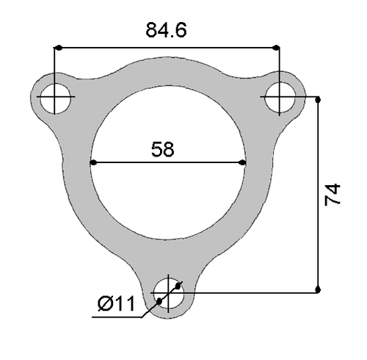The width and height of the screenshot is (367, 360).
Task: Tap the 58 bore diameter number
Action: point(162,150)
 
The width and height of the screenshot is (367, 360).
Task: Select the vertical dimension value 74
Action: point(334,195)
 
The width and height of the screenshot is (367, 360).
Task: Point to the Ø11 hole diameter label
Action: point(117,303)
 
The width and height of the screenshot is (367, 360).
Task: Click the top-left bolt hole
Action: point(56,97)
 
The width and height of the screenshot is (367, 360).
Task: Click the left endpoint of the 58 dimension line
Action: point(91,162)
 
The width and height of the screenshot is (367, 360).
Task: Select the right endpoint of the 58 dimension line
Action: point(246,162)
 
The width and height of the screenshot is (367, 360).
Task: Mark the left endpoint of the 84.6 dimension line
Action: point(56,48)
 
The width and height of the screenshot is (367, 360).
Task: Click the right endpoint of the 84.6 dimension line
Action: point(277,48)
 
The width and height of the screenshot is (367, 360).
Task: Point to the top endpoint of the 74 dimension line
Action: point(319,98)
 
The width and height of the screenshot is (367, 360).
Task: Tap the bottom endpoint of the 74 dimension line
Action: point(319,291)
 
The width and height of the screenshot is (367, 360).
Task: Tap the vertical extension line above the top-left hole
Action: point(56,66)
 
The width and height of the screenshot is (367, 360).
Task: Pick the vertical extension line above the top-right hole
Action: point(277,66)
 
